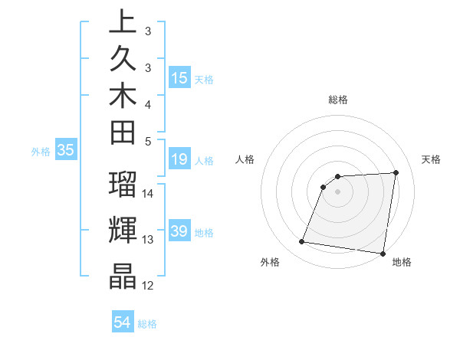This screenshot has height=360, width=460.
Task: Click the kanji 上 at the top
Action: tap(123, 23)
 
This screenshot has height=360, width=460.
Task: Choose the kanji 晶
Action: tap(123, 277)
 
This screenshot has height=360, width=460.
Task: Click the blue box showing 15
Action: tap(179, 77)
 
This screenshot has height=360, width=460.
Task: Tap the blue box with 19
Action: tap(179, 160)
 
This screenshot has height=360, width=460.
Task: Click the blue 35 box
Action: tap(66, 151)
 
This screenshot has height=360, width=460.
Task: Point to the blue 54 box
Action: tap(122, 322)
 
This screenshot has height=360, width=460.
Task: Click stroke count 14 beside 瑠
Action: tap(148, 194)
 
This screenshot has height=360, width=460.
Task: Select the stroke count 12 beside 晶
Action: tap(148, 286)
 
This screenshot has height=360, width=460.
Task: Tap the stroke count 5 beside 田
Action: tap(148, 140)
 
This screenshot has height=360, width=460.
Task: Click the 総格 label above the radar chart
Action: tap(338, 100)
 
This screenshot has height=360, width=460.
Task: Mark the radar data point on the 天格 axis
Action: tap(396, 172)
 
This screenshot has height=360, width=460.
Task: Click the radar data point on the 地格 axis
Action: tap(383, 253)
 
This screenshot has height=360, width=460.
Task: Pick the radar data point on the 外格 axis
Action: tap(302, 242)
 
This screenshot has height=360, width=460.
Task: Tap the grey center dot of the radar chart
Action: tap(338, 191)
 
